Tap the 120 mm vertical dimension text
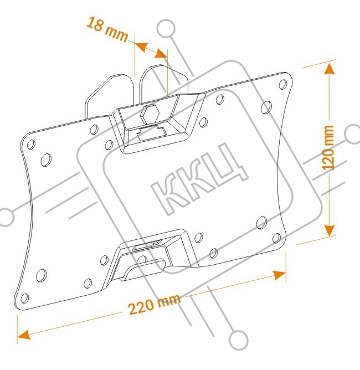coord(330,147)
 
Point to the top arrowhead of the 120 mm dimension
coord(330,70)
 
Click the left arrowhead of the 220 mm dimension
coord(24,335)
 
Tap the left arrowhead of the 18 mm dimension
coord(140,47)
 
